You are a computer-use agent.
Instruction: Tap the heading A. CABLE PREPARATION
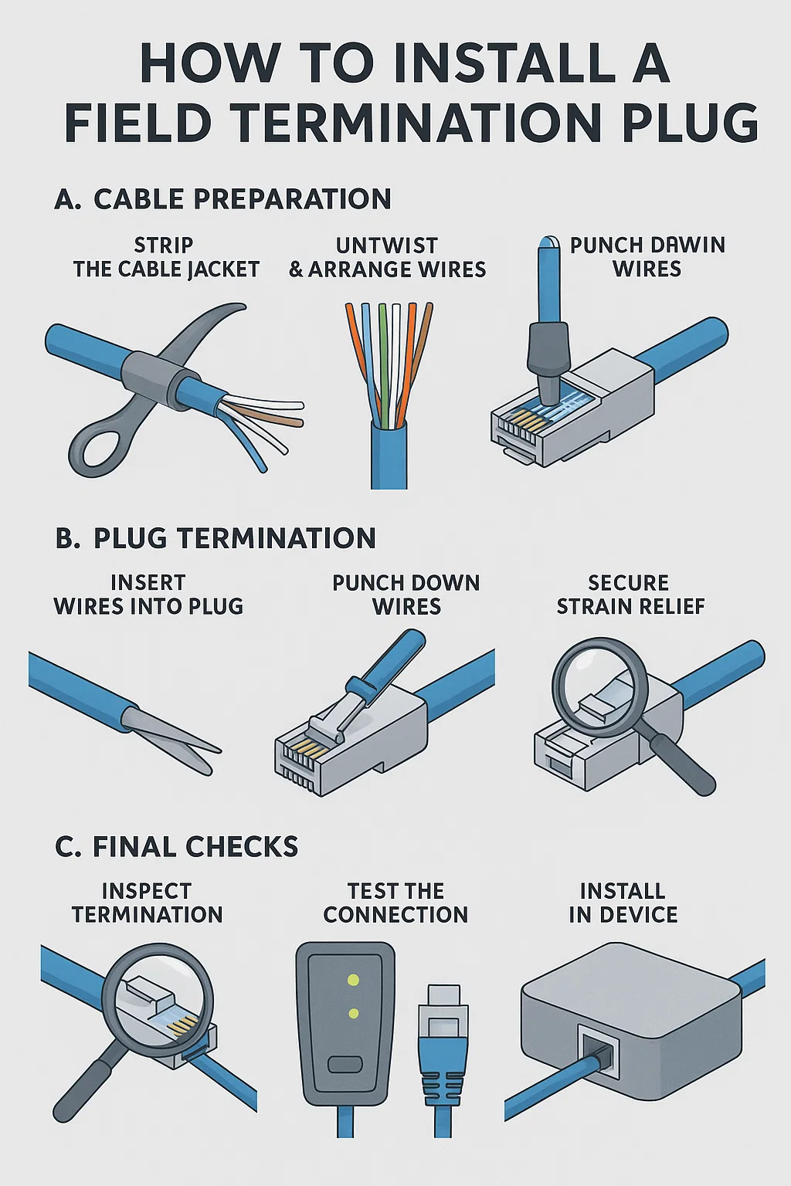coord(223,199)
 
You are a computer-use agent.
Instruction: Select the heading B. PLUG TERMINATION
coord(216,538)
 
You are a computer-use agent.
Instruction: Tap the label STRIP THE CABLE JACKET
coord(166,257)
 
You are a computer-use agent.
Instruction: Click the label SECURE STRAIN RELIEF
coord(630,595)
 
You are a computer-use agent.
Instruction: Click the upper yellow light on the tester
coord(353,980)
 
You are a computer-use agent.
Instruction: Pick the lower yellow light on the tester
coord(353,1014)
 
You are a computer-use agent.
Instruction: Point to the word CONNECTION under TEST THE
coord(395,915)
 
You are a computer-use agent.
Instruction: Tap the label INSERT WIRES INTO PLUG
coord(148,595)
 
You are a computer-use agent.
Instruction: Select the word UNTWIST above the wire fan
coord(387,246)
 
